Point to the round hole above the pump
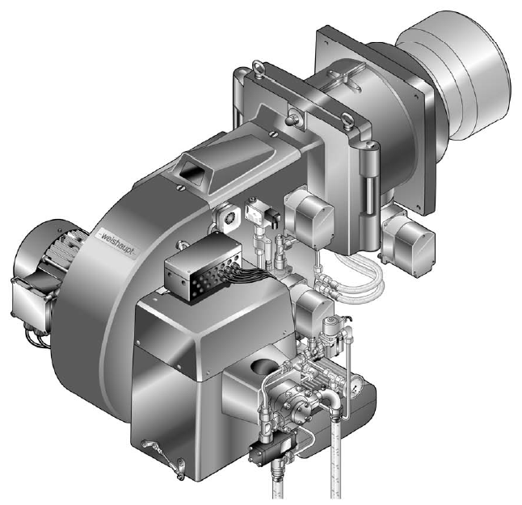point(265,365)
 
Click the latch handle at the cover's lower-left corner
point(164,459)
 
